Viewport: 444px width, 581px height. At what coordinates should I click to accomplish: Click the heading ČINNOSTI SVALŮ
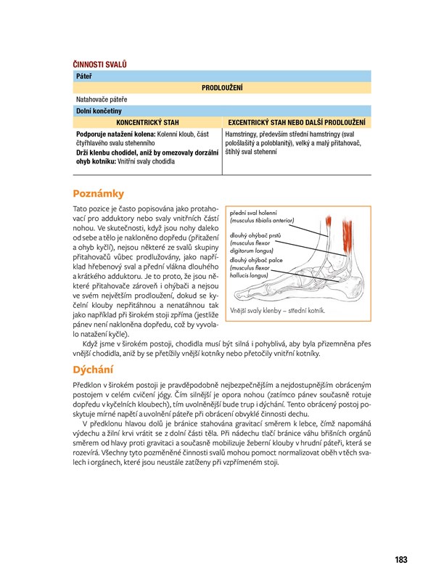point(99,65)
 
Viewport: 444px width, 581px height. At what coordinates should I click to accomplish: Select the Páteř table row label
point(82,76)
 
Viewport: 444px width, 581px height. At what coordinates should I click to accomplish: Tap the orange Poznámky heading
point(99,193)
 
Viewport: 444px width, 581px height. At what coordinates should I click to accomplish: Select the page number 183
point(400,559)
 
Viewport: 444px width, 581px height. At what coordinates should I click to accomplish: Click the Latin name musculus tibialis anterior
point(263,221)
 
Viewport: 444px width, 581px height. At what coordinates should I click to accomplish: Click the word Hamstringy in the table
point(244,134)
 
